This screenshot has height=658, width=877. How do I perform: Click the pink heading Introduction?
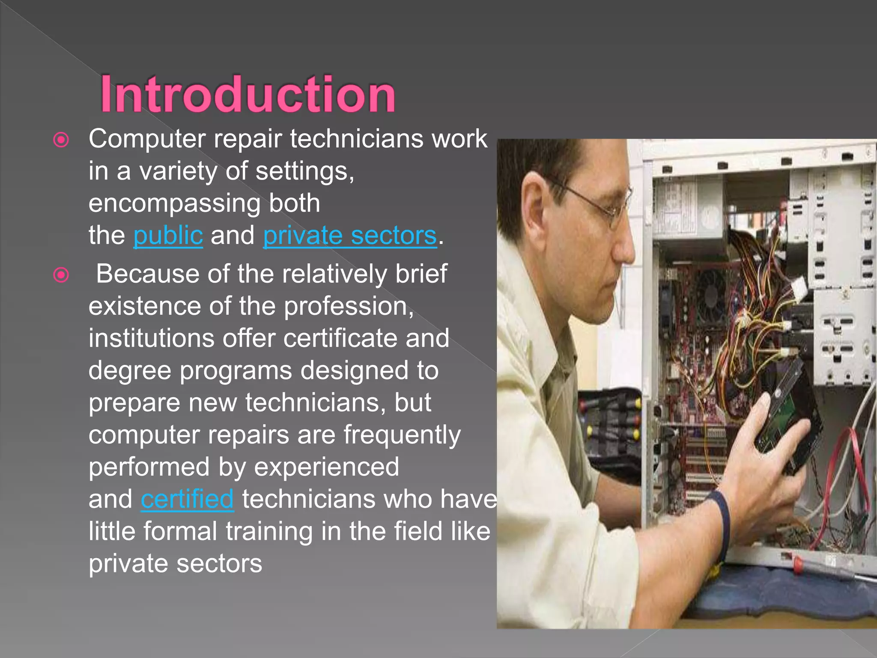[248, 94]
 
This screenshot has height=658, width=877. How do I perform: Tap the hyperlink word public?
[168, 236]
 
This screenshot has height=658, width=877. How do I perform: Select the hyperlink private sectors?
[350, 236]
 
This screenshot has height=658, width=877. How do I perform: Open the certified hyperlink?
[187, 499]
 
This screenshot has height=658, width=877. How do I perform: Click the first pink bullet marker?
[61, 140]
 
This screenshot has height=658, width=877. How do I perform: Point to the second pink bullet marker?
[61, 275]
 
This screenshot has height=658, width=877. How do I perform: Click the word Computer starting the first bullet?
[147, 139]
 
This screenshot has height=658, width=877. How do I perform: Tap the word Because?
[148, 274]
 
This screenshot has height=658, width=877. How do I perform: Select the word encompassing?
[174, 203]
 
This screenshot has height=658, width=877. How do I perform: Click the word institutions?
[151, 338]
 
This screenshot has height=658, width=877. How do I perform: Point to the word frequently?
[402, 435]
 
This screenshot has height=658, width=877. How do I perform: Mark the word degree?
[130, 371]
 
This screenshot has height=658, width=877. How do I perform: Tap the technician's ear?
[535, 206]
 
